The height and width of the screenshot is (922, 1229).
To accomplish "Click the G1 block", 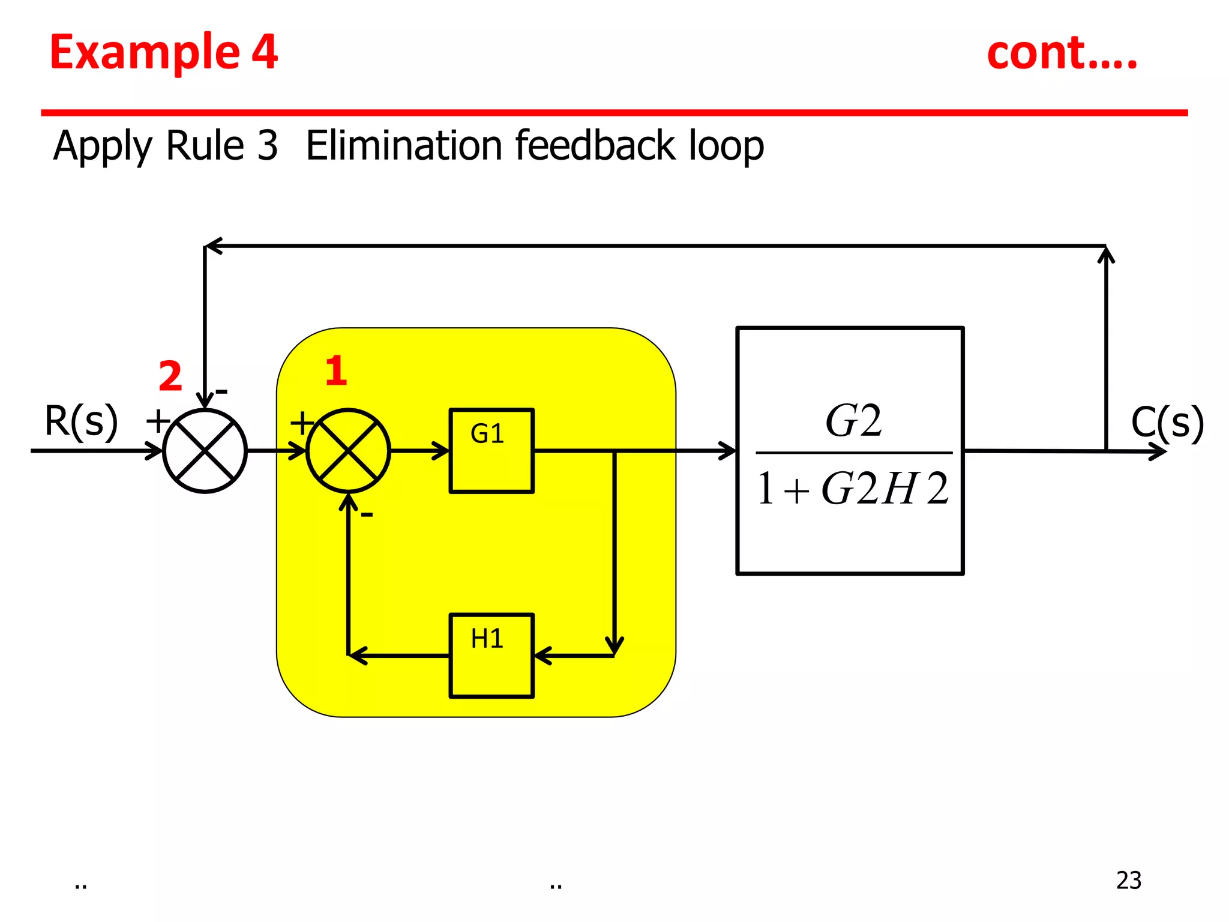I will (x=491, y=450).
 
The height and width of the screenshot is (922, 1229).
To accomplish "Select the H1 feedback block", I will (x=491, y=655).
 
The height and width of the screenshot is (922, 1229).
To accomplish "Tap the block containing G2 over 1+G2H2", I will (x=850, y=451).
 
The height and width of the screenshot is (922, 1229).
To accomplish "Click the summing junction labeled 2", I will (x=205, y=451).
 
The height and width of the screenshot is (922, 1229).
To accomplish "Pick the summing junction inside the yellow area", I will (x=348, y=451).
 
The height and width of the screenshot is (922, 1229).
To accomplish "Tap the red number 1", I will (x=336, y=371).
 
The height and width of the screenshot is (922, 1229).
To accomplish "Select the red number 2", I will (x=170, y=376).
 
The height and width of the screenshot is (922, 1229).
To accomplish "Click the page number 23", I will (x=1128, y=880).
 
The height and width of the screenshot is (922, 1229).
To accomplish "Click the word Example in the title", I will (x=145, y=53).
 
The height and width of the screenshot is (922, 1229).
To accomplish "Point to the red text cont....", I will (x=1061, y=53).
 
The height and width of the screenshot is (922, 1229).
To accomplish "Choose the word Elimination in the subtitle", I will (x=404, y=146).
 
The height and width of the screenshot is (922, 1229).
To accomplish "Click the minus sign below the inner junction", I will (x=367, y=514).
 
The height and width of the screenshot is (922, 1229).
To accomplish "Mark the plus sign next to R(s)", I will (x=158, y=421).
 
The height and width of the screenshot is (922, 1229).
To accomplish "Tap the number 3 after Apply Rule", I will (x=267, y=146).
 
